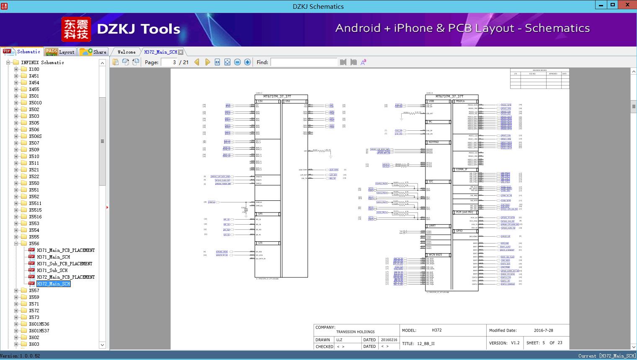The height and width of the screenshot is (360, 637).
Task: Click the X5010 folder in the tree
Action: click(x=35, y=103)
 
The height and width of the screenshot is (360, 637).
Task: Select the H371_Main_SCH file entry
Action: click(x=53, y=257)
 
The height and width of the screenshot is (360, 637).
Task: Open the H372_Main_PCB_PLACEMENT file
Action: click(x=66, y=277)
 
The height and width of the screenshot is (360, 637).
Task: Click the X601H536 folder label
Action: click(x=39, y=324)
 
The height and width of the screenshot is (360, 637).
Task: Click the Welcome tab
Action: click(x=126, y=52)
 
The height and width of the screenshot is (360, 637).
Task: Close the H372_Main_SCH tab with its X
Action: click(x=181, y=52)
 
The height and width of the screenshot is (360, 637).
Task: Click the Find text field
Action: click(x=304, y=62)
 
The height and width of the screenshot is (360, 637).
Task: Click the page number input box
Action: click(x=169, y=62)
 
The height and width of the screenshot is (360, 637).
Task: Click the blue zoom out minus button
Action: click(x=237, y=62)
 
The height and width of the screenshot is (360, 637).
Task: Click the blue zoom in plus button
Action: click(x=248, y=62)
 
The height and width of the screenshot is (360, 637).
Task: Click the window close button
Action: click(x=628, y=5)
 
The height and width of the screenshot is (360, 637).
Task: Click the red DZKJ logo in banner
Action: click(x=76, y=29)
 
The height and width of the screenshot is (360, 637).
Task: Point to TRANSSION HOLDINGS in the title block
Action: click(x=355, y=332)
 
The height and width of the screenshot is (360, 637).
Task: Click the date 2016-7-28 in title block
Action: click(x=543, y=330)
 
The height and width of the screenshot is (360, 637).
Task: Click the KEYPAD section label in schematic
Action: click(x=433, y=142)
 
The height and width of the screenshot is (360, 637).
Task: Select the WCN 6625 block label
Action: click(x=435, y=255)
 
